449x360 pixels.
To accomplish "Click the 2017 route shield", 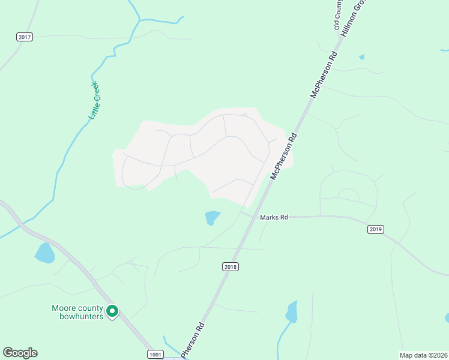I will click(x=25, y=37).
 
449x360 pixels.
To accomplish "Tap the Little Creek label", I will click(x=94, y=100).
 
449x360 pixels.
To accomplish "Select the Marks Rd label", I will click(x=274, y=217).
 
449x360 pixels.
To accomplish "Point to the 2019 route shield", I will click(x=376, y=229).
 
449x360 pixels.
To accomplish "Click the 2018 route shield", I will click(x=231, y=266).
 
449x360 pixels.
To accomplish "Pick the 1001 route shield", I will click(x=155, y=355).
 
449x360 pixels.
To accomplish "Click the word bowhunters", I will click(x=82, y=317).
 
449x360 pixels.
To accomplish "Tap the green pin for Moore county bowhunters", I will click(x=112, y=311).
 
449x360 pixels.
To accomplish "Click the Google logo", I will click(x=20, y=353).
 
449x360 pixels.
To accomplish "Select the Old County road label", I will click(x=337, y=15).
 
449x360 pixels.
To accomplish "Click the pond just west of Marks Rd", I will click(x=212, y=217).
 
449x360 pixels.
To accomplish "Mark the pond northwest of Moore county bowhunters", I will click(x=44, y=253).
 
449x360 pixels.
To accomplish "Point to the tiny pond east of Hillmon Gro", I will click(x=361, y=57).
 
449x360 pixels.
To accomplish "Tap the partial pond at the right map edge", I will click(x=447, y=317).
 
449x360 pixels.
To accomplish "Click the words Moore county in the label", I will click(x=77, y=308).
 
